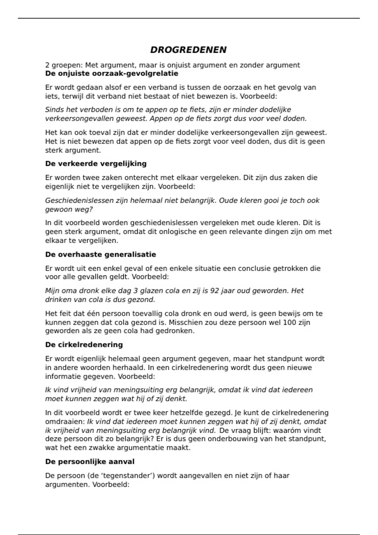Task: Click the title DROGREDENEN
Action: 188,50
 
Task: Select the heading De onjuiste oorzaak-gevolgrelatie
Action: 112,74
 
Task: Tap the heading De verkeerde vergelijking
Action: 96,164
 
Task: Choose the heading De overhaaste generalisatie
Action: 100,254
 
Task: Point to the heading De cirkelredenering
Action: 84,345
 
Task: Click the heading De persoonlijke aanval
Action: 90,462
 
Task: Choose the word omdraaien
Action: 65,421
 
